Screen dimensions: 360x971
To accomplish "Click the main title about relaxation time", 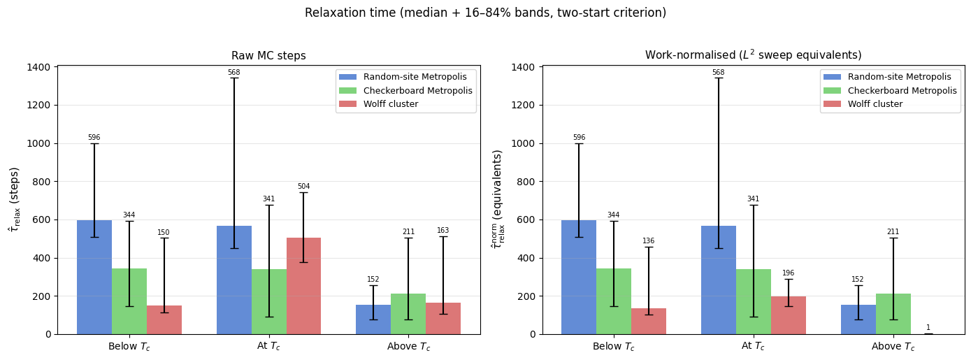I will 485,13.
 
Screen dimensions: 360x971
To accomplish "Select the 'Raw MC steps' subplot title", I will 268,56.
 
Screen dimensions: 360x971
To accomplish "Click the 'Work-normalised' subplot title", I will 753,55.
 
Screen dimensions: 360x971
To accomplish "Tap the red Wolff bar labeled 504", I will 303,286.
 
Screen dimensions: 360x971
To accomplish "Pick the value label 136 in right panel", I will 648,241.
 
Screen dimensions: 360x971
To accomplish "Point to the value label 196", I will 788,273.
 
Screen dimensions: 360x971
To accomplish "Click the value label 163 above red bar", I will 443,231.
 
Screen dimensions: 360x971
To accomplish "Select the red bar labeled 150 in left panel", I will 164,319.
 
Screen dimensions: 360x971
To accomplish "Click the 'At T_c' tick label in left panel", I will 268,347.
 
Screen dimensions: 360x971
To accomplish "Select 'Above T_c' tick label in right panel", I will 893,347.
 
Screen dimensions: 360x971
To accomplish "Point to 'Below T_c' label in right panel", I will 613,347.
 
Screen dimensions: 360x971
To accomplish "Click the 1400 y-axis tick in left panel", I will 38,67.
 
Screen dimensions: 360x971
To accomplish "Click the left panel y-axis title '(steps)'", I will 14,199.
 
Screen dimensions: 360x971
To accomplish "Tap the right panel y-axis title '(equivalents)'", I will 498,199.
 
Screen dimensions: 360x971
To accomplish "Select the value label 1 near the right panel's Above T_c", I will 928,328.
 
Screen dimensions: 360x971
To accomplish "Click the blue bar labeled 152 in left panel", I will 373,319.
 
